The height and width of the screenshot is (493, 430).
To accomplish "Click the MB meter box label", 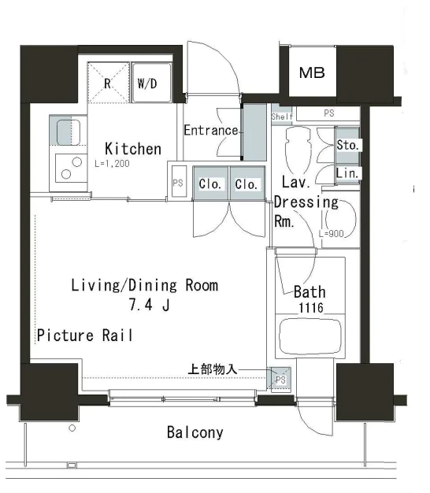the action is pos(312,72).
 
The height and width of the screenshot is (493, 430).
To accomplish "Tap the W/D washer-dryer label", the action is pos(147,83).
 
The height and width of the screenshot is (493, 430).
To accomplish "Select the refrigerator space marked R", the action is pos(108,83).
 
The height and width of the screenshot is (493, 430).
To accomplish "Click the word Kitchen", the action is pos(133,148).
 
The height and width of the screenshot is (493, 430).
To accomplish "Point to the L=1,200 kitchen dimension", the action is pos(112,164).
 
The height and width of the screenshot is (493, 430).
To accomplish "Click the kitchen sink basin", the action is pos(69,132).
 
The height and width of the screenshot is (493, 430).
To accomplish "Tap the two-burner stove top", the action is pos(71,169).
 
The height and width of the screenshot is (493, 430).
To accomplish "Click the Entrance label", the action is pos(211,130).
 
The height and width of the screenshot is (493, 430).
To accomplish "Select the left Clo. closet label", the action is pos(210,184).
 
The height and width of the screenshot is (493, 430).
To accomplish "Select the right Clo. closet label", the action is pos(247,184).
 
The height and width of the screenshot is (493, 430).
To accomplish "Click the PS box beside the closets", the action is pos(178,183).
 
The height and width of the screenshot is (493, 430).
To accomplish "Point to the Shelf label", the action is pos(282,117).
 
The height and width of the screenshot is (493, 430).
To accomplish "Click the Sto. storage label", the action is pos(347,145).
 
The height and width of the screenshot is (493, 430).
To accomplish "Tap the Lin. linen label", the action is pos(347,173).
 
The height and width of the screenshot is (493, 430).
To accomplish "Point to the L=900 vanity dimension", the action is pos(332,234).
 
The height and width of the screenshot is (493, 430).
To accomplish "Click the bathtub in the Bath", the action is pos(310,336).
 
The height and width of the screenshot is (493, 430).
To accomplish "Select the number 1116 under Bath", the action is pos(311,308).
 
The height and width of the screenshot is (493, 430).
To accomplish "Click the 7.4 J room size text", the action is pos(150,304).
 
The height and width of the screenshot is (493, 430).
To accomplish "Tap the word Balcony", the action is pos(195,432).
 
